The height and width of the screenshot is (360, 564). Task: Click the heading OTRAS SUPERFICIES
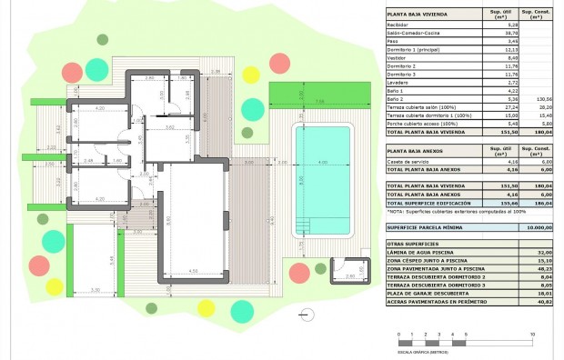click(413, 244)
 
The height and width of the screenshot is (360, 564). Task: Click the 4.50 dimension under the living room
click(193, 271)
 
